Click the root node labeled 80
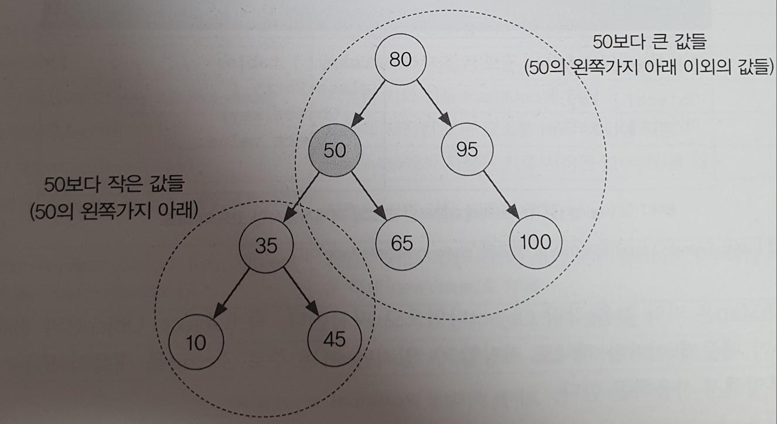click(401, 60)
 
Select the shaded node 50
click(335, 150)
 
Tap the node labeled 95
click(467, 150)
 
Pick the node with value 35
click(265, 245)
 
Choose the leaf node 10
click(196, 343)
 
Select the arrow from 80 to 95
click(435, 106)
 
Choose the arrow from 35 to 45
click(301, 293)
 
